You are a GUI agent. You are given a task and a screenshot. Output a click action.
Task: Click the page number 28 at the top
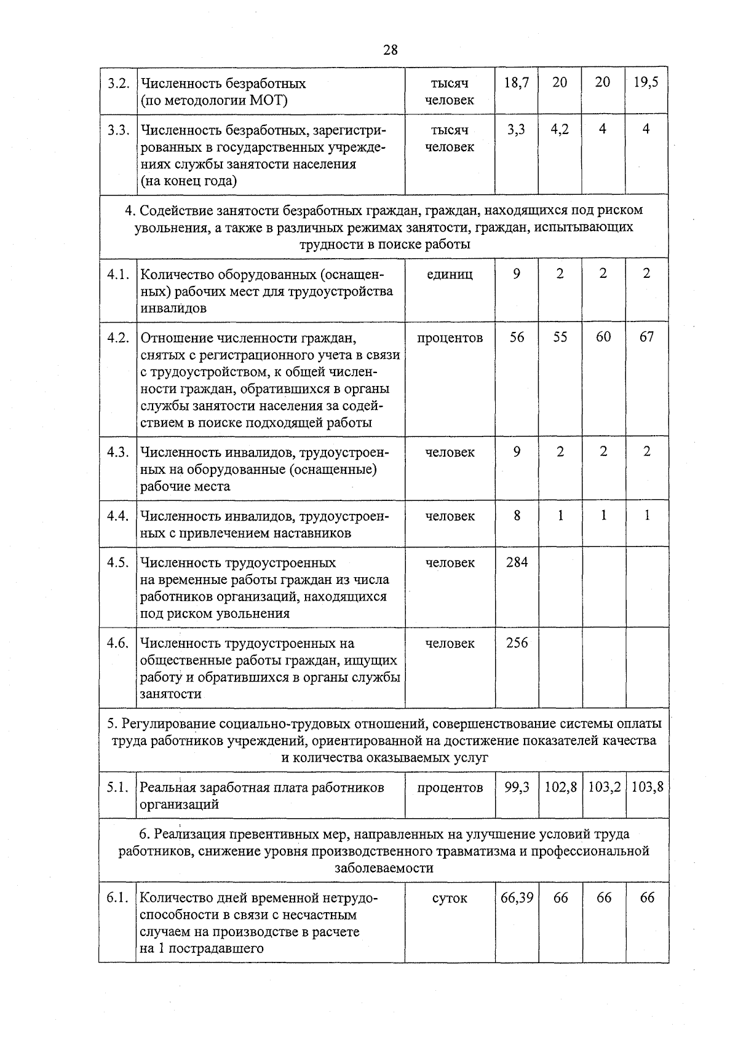click(x=390, y=50)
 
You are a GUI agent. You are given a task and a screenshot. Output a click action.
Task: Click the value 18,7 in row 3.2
click(x=517, y=82)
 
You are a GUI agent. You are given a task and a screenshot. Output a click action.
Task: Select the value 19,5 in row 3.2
click(x=646, y=82)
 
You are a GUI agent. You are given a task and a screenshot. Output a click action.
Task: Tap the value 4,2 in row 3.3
click(x=560, y=130)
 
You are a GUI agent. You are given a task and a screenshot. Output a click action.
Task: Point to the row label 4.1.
click(x=117, y=274)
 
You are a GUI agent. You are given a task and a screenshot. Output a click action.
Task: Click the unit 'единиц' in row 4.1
click(x=450, y=274)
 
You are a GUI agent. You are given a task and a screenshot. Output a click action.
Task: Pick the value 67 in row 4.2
click(x=646, y=337)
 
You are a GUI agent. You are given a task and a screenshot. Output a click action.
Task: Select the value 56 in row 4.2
click(x=517, y=337)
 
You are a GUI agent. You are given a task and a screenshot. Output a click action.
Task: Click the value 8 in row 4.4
click(x=517, y=516)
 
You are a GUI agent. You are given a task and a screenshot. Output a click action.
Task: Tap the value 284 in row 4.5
click(x=517, y=562)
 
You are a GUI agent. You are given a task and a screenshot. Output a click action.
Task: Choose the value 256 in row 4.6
click(x=517, y=642)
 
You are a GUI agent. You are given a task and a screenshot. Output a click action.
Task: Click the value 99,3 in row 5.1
click(x=517, y=787)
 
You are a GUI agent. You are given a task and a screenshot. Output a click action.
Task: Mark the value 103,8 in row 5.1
click(x=647, y=787)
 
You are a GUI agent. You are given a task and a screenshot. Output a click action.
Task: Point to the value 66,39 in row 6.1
click(x=517, y=897)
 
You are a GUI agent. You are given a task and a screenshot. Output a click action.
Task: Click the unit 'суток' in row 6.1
click(x=450, y=898)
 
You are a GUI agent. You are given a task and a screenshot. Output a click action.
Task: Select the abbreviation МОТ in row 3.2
click(x=266, y=100)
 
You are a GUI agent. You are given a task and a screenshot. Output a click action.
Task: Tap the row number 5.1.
click(x=117, y=787)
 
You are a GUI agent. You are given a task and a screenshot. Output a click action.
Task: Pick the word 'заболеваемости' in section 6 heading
click(x=384, y=868)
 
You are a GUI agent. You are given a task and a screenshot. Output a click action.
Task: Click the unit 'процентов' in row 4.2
click(x=450, y=337)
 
